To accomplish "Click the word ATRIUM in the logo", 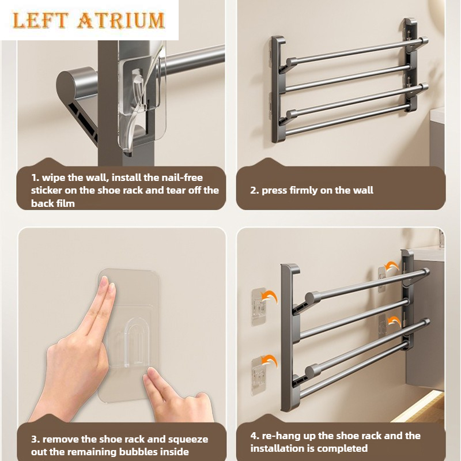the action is (120, 21).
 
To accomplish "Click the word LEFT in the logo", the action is (40, 21).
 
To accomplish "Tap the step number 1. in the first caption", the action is (35, 177).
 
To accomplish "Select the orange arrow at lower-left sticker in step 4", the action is (270, 362).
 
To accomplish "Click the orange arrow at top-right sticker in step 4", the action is (392, 267).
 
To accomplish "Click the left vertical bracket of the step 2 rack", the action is (278, 90).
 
